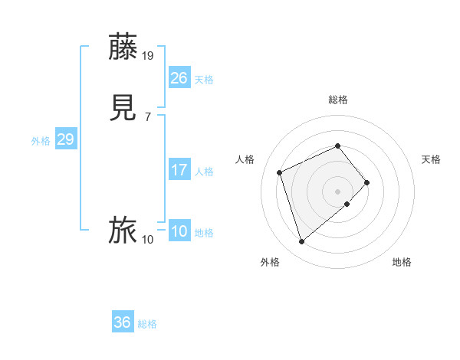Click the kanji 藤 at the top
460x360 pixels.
(123, 48)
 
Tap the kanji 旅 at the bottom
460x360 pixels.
(123, 231)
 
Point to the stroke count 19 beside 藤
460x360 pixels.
(148, 56)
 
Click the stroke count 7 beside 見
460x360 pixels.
(147, 117)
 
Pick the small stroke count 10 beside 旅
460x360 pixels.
(148, 240)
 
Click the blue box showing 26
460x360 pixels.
(179, 78)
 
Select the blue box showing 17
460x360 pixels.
(179, 170)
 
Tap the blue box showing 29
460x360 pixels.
(66, 139)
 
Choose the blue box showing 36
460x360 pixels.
(123, 322)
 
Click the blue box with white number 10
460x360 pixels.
(179, 231)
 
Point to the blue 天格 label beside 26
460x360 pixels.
(204, 80)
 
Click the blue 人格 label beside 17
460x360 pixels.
(204, 172)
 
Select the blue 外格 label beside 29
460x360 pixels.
(41, 141)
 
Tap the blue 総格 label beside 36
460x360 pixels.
(147, 324)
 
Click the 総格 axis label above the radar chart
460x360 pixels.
(337, 100)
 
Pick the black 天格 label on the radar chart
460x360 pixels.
(431, 159)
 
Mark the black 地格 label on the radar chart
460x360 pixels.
(402, 262)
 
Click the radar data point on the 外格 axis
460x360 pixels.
(301, 242)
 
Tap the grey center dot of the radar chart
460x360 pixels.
(337, 191)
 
